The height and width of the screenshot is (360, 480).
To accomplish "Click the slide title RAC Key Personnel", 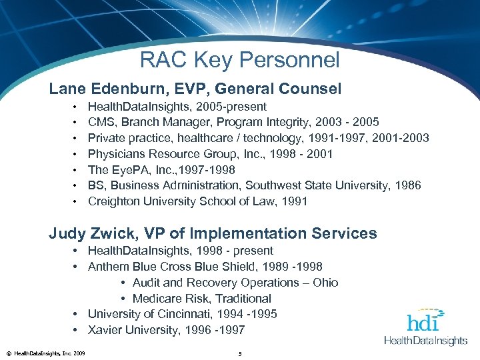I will click(x=239, y=60).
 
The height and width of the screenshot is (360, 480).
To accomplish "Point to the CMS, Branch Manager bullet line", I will click(x=233, y=122).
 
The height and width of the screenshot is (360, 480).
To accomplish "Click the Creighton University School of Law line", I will click(x=197, y=201).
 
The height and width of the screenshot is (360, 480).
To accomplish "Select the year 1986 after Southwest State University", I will click(x=407, y=185).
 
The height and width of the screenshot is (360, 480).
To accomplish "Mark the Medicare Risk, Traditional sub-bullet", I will click(x=201, y=299).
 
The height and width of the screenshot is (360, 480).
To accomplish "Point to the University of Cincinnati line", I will click(x=182, y=314).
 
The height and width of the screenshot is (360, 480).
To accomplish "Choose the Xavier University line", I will click(x=166, y=330).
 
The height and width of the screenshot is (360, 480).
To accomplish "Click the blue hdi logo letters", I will click(x=423, y=321).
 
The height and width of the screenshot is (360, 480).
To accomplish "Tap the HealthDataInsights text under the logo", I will click(x=426, y=341).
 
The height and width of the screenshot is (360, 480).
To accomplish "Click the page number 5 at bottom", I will click(x=239, y=352).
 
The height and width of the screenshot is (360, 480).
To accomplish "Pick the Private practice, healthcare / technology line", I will click(x=258, y=138).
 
